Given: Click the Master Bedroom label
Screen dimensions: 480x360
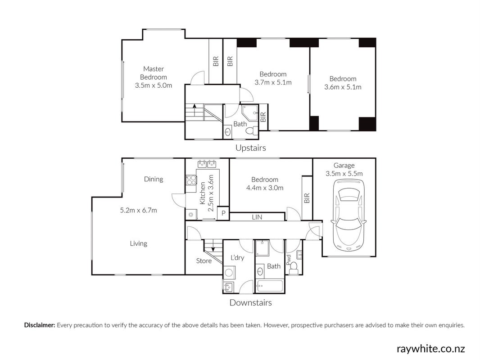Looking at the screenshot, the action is (154, 77).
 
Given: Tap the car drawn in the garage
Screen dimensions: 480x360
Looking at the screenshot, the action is (349, 216).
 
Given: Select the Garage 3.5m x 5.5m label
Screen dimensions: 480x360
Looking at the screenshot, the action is (344, 170).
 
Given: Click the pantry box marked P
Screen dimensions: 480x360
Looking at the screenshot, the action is (223, 213).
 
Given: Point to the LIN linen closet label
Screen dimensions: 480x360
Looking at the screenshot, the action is (257, 217).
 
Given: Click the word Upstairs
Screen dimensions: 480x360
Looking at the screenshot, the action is (250, 148).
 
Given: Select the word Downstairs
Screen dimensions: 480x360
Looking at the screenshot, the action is (250, 302).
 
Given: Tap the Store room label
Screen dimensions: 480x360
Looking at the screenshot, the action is (204, 261).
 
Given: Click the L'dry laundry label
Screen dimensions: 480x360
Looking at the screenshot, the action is (237, 257).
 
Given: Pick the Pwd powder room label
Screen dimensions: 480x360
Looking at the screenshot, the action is (288, 260).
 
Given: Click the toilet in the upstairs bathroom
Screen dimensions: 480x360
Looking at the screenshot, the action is (251, 131).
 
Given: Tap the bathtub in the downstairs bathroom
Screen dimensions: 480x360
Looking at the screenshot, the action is (270, 286).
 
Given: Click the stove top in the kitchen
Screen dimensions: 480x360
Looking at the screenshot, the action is (191, 180).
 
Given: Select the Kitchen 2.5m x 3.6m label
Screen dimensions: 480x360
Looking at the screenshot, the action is (206, 193).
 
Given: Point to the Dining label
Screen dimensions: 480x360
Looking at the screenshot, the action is (154, 179).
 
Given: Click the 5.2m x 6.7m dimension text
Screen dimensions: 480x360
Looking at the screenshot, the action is (138, 210).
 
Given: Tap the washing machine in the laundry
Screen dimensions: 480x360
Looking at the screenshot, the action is (229, 272).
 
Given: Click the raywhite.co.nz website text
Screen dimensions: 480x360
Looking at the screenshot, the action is (431, 348).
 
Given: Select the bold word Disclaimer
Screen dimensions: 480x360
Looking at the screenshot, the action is (40, 325).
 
